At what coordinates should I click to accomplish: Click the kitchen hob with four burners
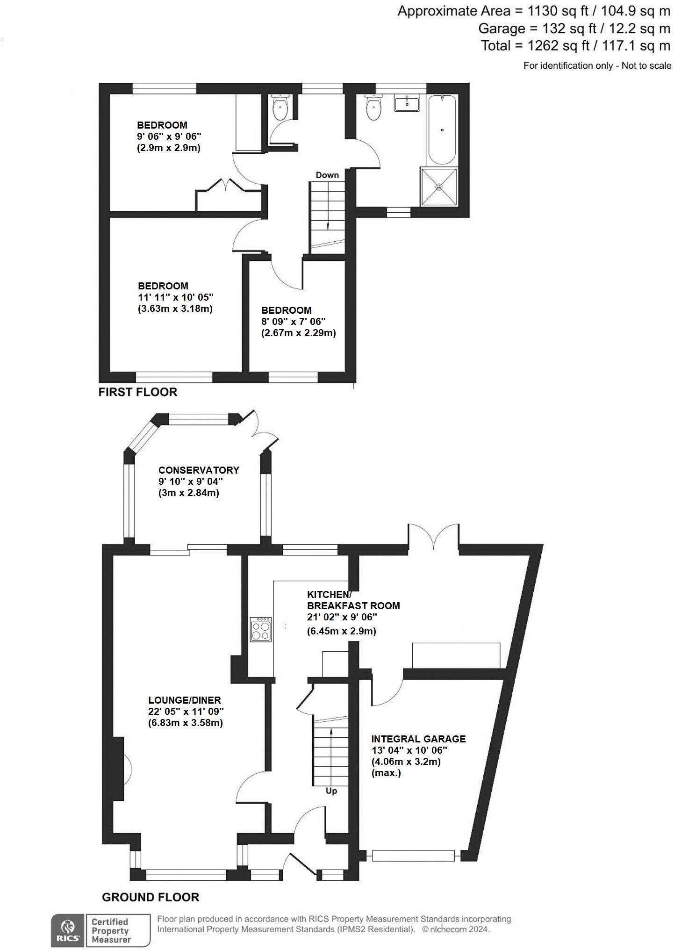[261, 629]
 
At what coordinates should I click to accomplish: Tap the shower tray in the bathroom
[438, 187]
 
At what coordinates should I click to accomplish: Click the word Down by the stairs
[327, 175]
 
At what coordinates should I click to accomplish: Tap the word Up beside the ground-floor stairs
[331, 791]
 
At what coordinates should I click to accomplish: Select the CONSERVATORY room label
[199, 470]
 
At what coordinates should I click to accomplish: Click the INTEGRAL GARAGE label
[418, 739]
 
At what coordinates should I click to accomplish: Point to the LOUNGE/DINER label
[185, 700]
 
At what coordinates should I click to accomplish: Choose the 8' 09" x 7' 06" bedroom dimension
[293, 322]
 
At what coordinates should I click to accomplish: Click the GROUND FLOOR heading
[151, 897]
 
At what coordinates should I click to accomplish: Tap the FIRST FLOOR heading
[138, 392]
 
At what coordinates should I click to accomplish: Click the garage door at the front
[413, 856]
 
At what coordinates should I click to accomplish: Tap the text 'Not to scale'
[646, 66]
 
